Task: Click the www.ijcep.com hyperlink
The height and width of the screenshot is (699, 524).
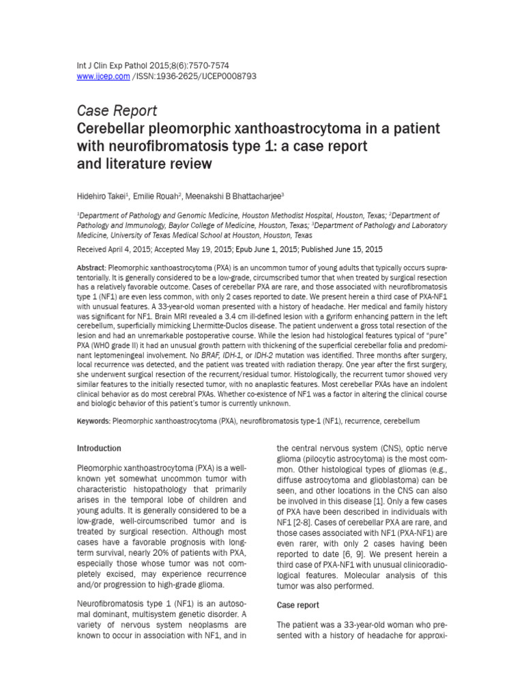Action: pos(103,76)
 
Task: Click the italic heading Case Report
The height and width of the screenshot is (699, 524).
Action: pos(117,111)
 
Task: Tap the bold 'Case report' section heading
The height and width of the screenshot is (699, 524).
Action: pos(298,605)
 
